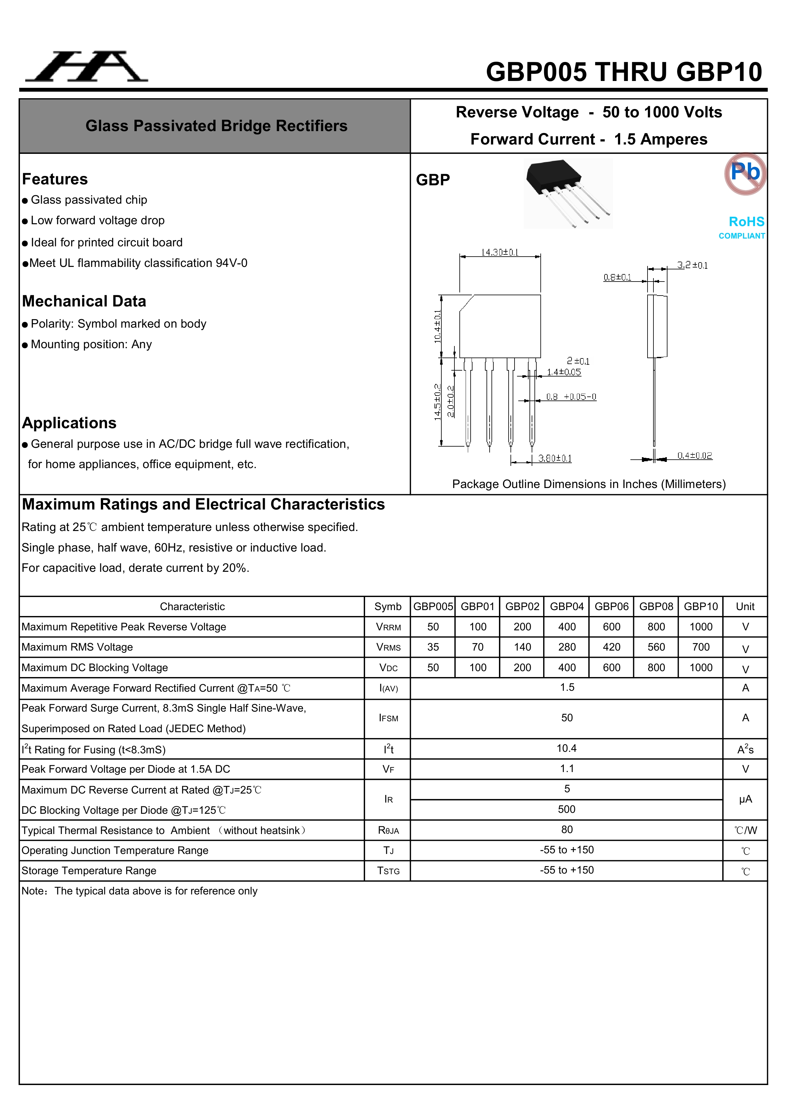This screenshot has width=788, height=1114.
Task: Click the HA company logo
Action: (x=86, y=66)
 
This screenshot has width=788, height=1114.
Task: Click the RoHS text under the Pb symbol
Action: (x=746, y=222)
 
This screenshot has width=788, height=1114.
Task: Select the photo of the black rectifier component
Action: (x=568, y=193)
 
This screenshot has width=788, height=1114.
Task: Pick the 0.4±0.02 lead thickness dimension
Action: (x=694, y=456)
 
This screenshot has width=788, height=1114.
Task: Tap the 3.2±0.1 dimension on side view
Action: (x=692, y=265)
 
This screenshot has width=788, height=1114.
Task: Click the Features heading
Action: (x=55, y=179)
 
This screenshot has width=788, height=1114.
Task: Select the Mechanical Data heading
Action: (x=84, y=301)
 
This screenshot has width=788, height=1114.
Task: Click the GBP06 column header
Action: (x=611, y=606)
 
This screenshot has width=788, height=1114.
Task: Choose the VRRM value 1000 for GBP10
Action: (x=701, y=627)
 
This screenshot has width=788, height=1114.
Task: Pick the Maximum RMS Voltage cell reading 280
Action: (x=567, y=647)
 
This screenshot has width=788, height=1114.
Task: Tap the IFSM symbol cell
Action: (x=388, y=718)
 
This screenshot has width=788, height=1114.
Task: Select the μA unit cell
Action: (x=745, y=799)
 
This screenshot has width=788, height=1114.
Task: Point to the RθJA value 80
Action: (x=567, y=830)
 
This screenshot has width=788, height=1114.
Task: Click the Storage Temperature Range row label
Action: (x=89, y=871)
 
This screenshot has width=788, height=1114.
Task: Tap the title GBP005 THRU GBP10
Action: (x=624, y=72)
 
